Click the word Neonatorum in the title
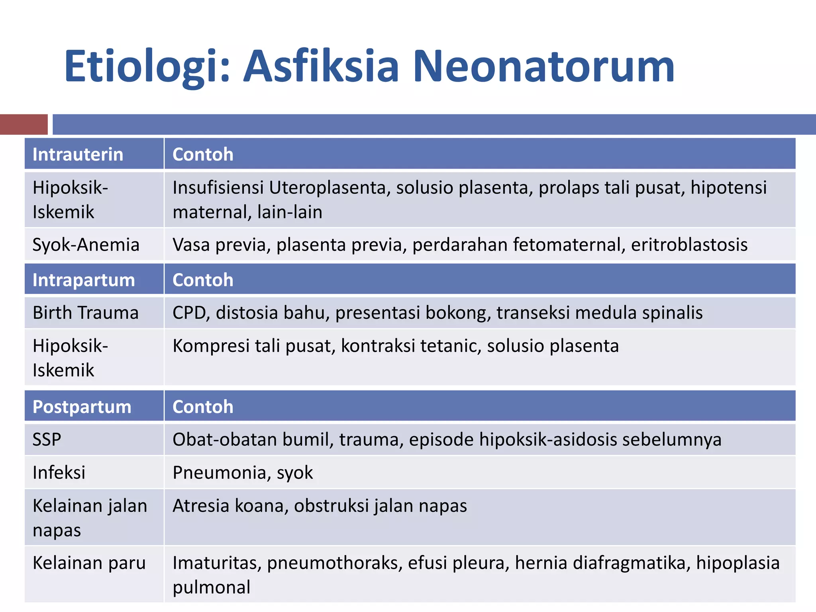(x=543, y=66)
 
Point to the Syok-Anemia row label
(x=86, y=245)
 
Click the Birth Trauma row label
(x=86, y=313)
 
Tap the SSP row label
(x=47, y=439)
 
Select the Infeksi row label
(x=59, y=473)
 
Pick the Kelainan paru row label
(x=89, y=563)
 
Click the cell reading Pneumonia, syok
(x=243, y=473)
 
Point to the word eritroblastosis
(x=689, y=245)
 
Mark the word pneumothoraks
(x=334, y=563)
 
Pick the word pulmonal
(x=212, y=587)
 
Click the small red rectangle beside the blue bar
(x=24, y=124)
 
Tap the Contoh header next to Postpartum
(x=203, y=407)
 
